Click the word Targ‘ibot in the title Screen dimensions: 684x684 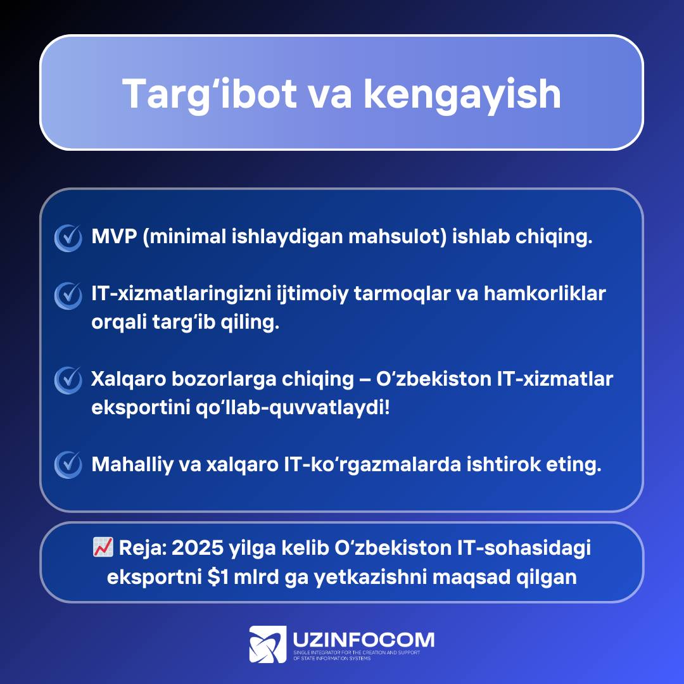click(x=210, y=94)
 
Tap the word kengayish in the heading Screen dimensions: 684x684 click(x=462, y=94)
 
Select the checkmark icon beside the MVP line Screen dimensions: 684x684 click(x=68, y=237)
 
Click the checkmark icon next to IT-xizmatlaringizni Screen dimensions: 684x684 click(x=68, y=295)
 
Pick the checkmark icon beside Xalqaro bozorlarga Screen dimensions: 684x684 click(x=68, y=381)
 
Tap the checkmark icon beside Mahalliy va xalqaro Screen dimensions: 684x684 click(x=68, y=465)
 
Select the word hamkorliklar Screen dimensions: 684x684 click(x=545, y=293)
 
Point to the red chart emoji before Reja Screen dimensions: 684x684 click(x=103, y=547)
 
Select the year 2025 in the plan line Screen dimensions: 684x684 click(x=198, y=548)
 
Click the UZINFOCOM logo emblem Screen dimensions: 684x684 click(x=268, y=644)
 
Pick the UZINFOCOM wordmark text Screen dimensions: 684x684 click(x=364, y=640)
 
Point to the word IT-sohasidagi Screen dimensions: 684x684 click(x=524, y=548)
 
